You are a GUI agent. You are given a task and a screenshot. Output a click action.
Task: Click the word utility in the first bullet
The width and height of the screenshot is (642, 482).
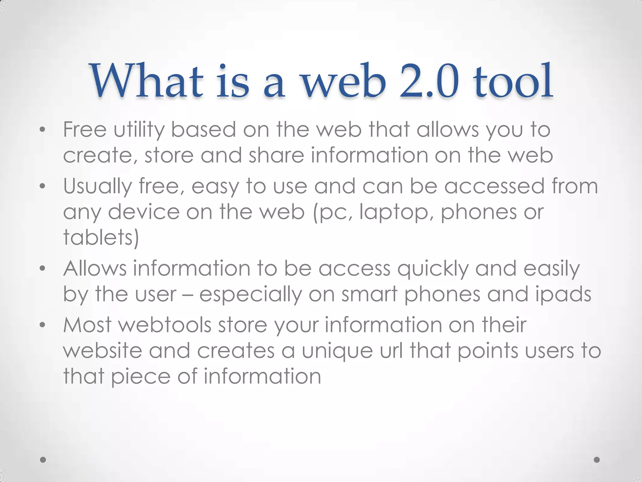(x=139, y=130)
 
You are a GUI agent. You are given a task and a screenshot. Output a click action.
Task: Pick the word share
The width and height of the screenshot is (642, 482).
(x=276, y=155)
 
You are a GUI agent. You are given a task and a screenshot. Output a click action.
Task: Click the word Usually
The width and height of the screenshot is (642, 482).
(x=97, y=186)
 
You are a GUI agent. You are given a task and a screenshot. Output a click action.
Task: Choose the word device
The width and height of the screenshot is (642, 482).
(x=144, y=212)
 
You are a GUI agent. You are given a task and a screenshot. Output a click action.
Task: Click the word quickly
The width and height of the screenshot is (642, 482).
(x=433, y=269)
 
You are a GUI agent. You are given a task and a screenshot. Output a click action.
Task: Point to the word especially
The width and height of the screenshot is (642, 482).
(x=250, y=294)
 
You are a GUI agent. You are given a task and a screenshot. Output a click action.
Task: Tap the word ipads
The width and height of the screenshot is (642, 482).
(x=563, y=294)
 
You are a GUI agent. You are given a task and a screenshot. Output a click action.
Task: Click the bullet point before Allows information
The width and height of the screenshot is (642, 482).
(x=43, y=269)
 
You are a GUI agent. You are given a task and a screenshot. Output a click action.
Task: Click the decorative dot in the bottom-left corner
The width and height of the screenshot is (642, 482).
(x=43, y=460)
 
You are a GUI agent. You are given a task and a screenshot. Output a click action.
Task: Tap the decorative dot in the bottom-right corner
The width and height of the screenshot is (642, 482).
(x=597, y=460)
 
